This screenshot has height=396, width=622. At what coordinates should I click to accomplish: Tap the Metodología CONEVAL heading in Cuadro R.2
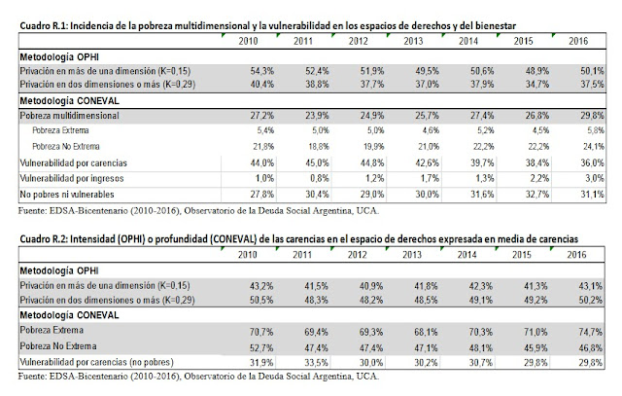[66, 316]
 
